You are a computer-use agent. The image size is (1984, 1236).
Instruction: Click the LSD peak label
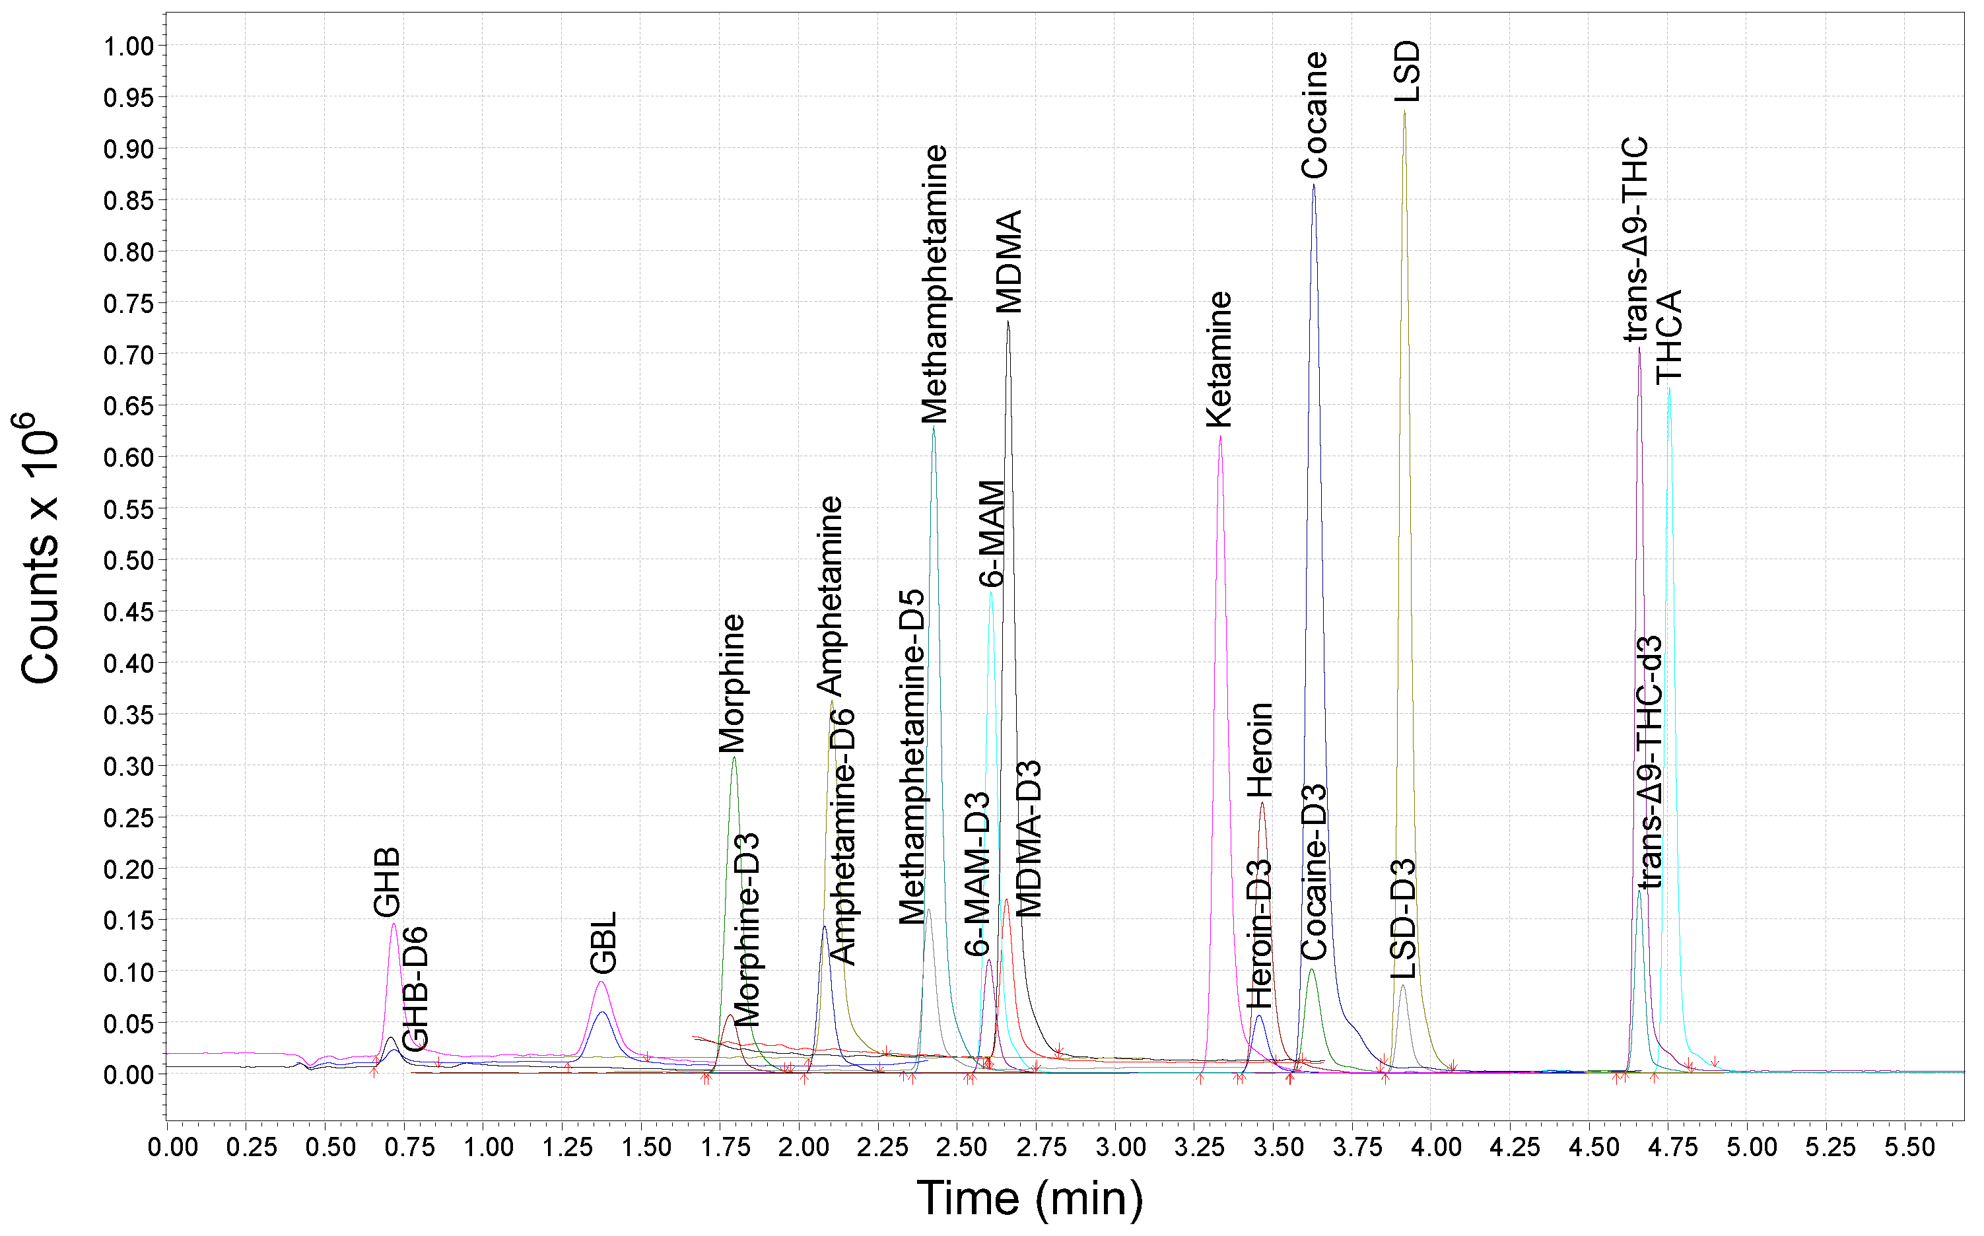[x=1408, y=72]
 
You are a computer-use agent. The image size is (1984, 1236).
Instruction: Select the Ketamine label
[x=1219, y=359]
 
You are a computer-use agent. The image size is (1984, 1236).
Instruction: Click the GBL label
[x=603, y=943]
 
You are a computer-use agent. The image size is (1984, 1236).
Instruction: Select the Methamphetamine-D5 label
[x=912, y=757]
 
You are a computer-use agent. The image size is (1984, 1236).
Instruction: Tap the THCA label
[x=1669, y=336]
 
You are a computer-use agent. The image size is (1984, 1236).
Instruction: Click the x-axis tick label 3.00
[x=1119, y=1147]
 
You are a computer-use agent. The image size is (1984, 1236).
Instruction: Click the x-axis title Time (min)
[x=1029, y=1198]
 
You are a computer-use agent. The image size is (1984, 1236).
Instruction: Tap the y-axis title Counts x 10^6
[x=38, y=548]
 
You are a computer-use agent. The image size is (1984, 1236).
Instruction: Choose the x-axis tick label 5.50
[x=1909, y=1147]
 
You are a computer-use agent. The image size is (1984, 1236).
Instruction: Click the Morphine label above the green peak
[x=732, y=683]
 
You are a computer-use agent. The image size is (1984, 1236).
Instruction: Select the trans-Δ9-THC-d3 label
[x=1650, y=763]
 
